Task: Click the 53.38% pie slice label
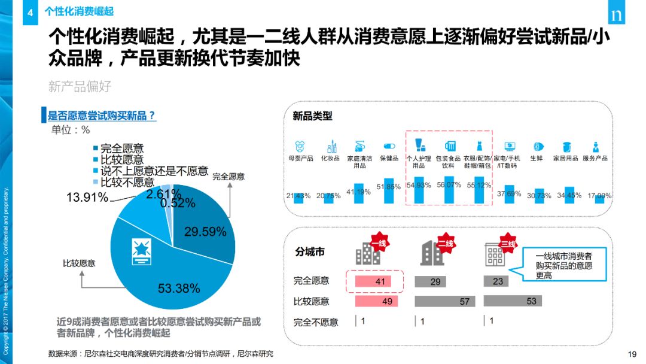point(179,289)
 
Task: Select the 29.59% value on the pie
point(205,232)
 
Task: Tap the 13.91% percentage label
point(87,198)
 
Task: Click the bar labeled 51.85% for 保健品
point(389,191)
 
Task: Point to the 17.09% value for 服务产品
point(600,196)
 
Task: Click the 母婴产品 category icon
point(300,146)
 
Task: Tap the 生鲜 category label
point(537,159)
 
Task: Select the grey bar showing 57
point(443,301)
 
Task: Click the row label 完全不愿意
point(316,321)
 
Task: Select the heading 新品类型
point(312,116)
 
